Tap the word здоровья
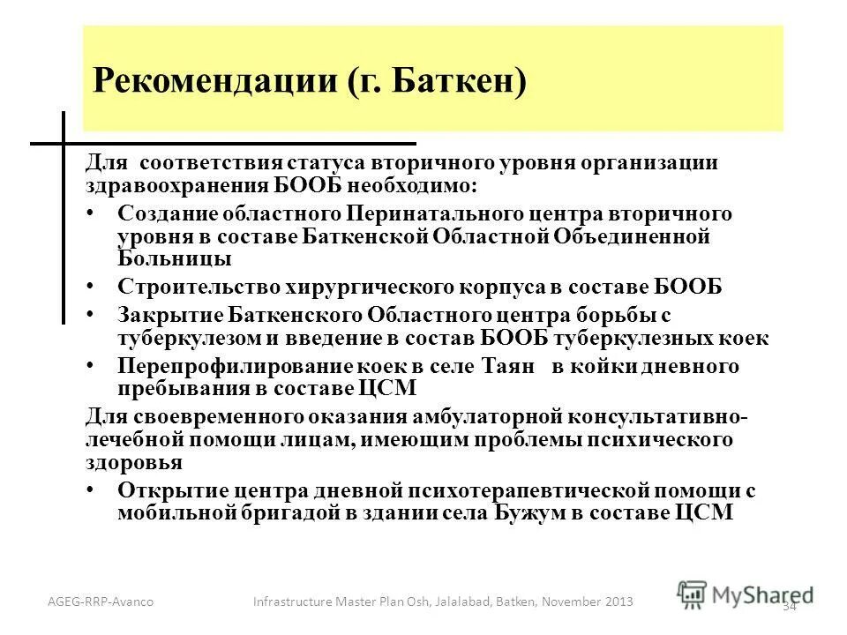(x=133, y=461)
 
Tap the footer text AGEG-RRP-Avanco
(x=101, y=601)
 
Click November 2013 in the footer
(x=592, y=601)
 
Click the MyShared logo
(x=745, y=593)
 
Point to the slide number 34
(x=790, y=606)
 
